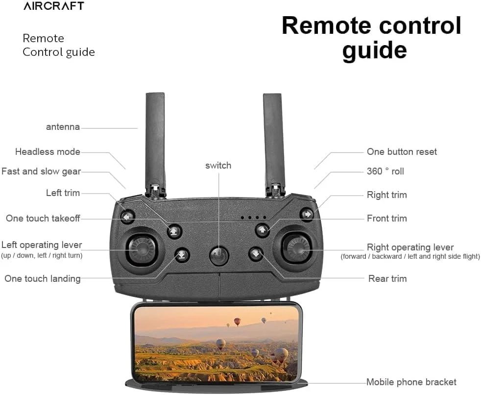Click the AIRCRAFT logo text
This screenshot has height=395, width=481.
click(x=53, y=6)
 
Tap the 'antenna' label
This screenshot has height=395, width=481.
click(x=63, y=127)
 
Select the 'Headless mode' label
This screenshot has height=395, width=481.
click(x=48, y=151)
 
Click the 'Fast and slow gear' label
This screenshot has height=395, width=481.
click(x=41, y=172)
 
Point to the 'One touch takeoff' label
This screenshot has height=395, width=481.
click(x=43, y=218)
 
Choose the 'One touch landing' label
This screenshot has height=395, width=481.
click(x=42, y=278)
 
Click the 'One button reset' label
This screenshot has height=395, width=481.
click(x=402, y=151)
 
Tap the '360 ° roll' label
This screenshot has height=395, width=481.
click(x=385, y=172)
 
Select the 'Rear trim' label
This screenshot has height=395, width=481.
click(x=387, y=278)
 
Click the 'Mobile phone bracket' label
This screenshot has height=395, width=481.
click(x=411, y=382)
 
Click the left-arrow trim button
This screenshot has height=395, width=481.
click(x=128, y=216)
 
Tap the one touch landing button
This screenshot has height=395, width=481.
click(x=182, y=254)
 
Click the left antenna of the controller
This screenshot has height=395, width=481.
click(x=155, y=142)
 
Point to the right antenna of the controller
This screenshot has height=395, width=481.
click(x=274, y=142)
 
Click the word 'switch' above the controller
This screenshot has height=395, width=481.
click(x=218, y=165)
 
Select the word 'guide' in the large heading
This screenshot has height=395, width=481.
click(x=374, y=50)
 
